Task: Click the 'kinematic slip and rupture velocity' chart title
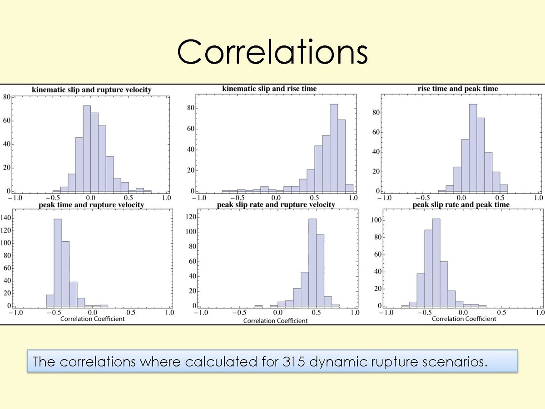pyautogui.click(x=91, y=90)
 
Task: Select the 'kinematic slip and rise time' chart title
pyautogui.click(x=269, y=89)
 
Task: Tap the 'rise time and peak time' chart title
pyautogui.click(x=458, y=89)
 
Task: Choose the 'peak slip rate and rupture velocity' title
pyautogui.click(x=276, y=204)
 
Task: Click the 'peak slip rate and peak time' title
pyautogui.click(x=461, y=204)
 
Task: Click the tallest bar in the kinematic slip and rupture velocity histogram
pyautogui.click(x=87, y=150)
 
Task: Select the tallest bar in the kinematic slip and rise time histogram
pyautogui.click(x=334, y=148)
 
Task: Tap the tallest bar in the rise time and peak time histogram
pyautogui.click(x=473, y=148)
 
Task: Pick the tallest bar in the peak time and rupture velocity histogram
pyautogui.click(x=58, y=264)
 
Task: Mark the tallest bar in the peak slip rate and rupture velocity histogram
pyautogui.click(x=312, y=264)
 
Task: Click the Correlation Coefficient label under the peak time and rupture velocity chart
pyautogui.click(x=92, y=319)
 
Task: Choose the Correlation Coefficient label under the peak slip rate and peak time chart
pyautogui.click(x=464, y=319)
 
